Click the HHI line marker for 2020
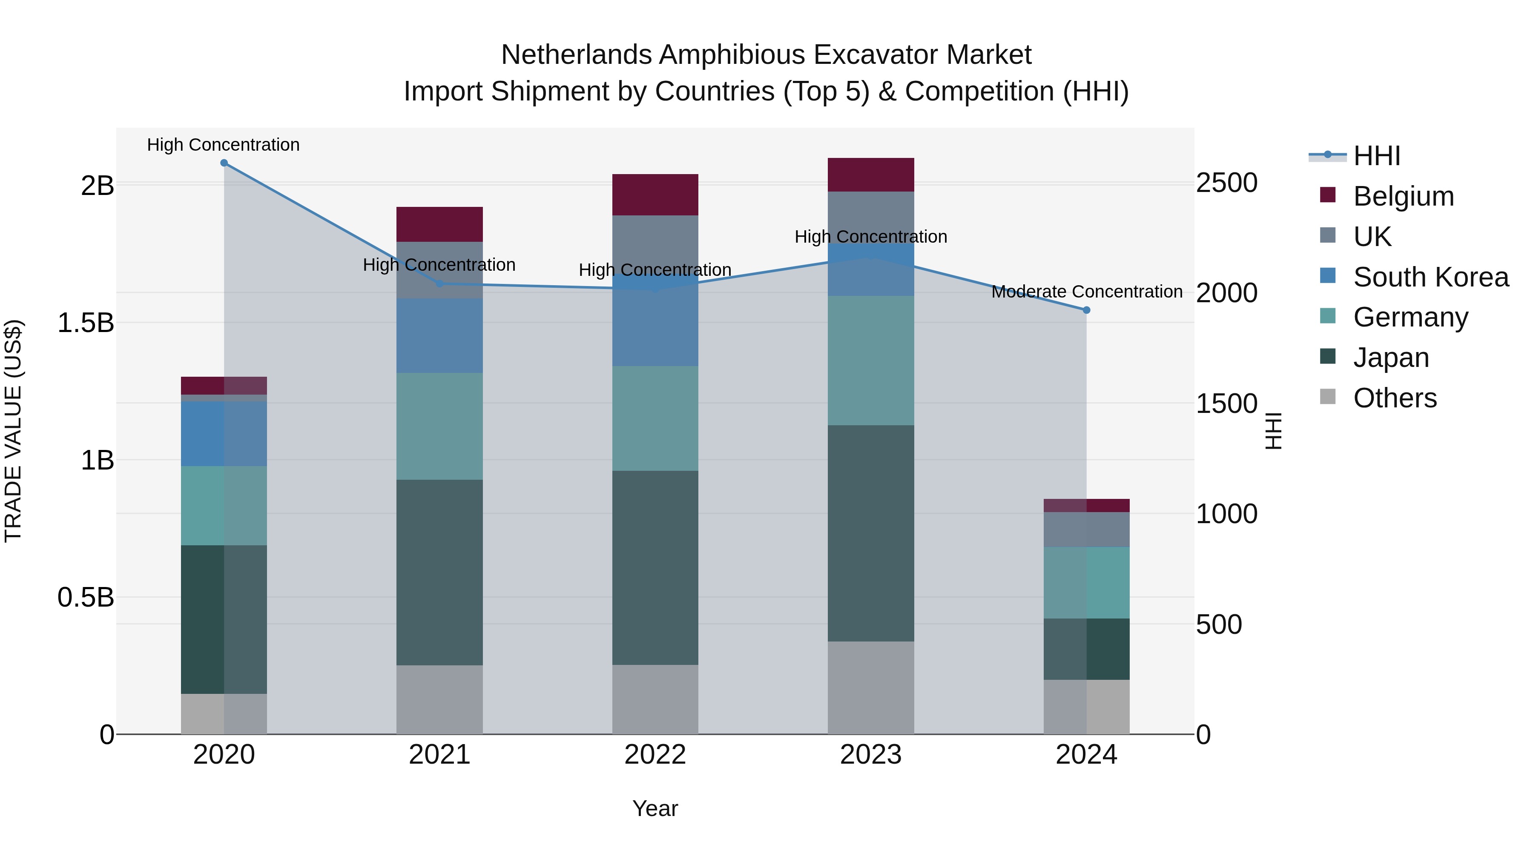coord(224,163)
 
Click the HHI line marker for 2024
coord(1086,310)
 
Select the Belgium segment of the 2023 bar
coord(871,175)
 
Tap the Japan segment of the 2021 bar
coord(439,572)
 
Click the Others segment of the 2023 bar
coord(871,688)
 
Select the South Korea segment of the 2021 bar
coord(439,335)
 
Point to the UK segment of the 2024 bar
coord(1086,530)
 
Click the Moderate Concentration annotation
coord(1086,292)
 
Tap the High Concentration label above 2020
coord(223,145)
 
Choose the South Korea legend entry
coord(1431,277)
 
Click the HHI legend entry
coord(1376,156)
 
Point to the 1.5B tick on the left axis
coord(85,323)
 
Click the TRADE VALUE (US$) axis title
coord(13,431)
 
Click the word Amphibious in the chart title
coord(732,55)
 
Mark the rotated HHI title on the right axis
coord(1273,431)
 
